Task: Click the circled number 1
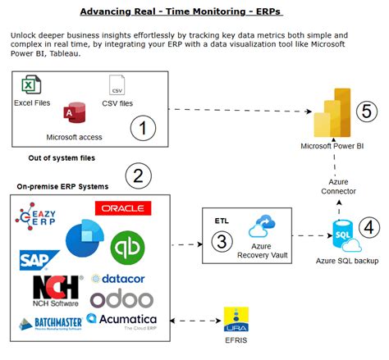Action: click(x=144, y=127)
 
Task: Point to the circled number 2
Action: click(x=139, y=175)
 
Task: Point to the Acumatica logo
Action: click(x=122, y=319)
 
